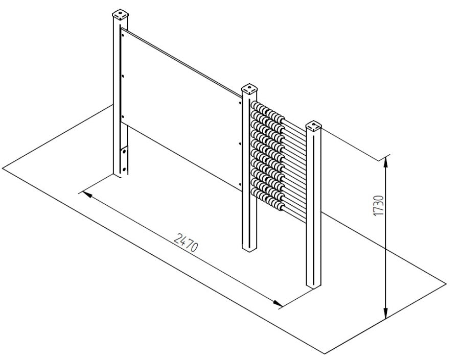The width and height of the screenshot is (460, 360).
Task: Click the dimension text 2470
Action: point(186,243)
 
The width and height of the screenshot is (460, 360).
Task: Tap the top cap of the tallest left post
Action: point(120,15)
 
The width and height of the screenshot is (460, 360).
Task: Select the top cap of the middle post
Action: point(249,88)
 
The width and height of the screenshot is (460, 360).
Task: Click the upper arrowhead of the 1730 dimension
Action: point(386,161)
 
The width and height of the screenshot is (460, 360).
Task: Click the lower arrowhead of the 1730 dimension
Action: point(386,313)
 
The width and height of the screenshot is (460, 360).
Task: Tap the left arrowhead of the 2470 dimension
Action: point(87,194)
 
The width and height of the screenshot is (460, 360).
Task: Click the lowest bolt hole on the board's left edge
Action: point(123,116)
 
